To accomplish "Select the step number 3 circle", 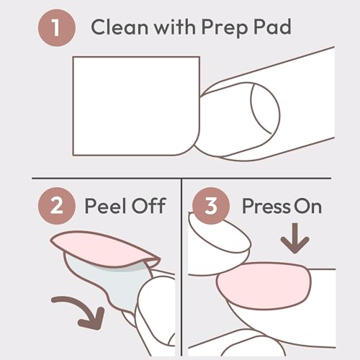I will coord(209,207).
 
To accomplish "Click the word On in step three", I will coord(307,207).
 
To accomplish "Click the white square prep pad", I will coord(133,104).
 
